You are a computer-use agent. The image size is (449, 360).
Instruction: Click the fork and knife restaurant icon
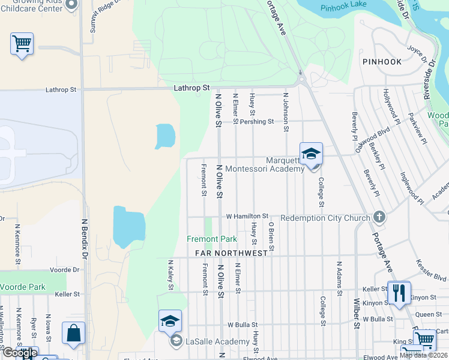[x=399, y=293]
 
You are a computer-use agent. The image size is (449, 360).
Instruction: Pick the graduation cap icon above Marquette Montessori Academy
[x=312, y=154]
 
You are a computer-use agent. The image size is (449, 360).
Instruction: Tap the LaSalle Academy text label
[x=217, y=341]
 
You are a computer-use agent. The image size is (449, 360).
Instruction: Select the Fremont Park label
[x=212, y=239]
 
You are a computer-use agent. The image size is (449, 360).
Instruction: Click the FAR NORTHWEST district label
[x=231, y=253]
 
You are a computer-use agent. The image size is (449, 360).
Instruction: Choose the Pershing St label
[x=257, y=121]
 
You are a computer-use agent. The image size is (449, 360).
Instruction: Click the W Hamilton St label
[x=247, y=216]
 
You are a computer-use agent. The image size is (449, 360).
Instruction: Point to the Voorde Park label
[x=23, y=287]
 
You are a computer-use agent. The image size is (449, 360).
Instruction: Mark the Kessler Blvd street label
[x=430, y=271]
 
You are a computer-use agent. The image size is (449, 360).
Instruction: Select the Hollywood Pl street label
[x=391, y=104]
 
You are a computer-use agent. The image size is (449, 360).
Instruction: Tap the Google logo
[x=19, y=352]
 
